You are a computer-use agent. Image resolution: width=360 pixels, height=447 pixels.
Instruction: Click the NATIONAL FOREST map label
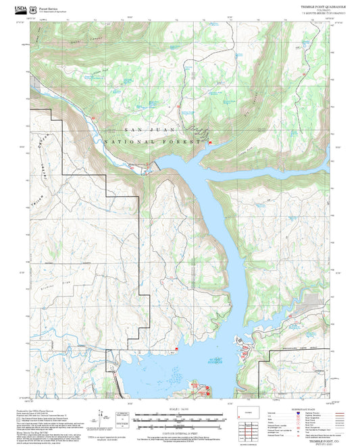[153, 142]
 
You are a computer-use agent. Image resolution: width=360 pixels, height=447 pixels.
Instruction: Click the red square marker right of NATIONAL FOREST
[209, 142]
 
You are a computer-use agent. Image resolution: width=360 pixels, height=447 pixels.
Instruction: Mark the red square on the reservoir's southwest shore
[177, 349]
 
